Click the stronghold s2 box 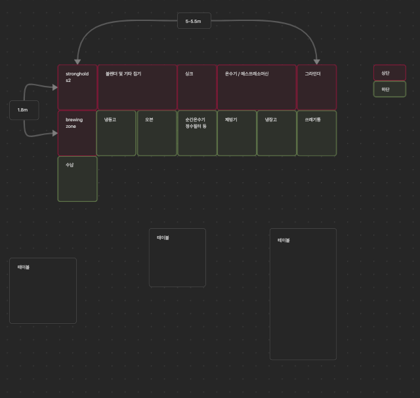pyautogui.click(x=77, y=87)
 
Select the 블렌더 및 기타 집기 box pyautogui.click(x=137, y=87)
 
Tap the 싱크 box pyautogui.click(x=197, y=87)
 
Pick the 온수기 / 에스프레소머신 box pyautogui.click(x=257, y=87)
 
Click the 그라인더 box pyautogui.click(x=317, y=87)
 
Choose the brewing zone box pyautogui.click(x=77, y=133)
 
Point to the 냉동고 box pyautogui.click(x=116, y=133)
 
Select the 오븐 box pyautogui.click(x=157, y=133)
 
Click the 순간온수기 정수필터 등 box pyautogui.click(x=197, y=133)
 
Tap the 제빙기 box pyautogui.click(x=237, y=133)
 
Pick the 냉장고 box pyautogui.click(x=276, y=133)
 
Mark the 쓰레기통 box pyautogui.click(x=317, y=133)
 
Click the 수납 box pyautogui.click(x=77, y=179)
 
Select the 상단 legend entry pyautogui.click(x=390, y=73)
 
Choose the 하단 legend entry pyautogui.click(x=390, y=89)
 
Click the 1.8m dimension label pyautogui.click(x=24, y=110)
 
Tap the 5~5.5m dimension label pyautogui.click(x=194, y=21)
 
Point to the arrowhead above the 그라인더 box pyautogui.click(x=316, y=62)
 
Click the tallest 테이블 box pyautogui.click(x=303, y=294)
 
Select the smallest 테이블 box pyautogui.click(x=177, y=258)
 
